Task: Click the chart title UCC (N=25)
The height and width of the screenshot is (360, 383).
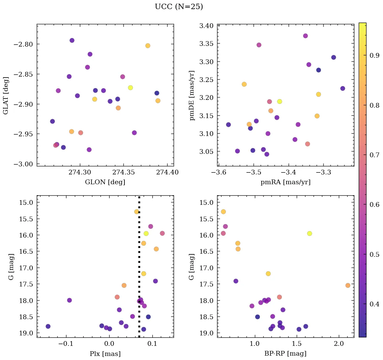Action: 179,7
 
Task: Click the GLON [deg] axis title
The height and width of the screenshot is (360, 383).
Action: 105,182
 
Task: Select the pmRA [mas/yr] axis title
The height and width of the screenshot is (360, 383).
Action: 286,182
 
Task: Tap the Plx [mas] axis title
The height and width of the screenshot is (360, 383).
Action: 105,354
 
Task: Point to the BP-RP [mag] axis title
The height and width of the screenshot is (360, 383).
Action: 286,354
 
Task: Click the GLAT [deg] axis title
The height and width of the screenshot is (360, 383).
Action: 6,95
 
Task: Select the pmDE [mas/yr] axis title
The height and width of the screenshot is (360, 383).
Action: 192,95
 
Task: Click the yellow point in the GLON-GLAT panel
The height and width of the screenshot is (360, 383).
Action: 130,88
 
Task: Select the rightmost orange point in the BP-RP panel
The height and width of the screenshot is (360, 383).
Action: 348,285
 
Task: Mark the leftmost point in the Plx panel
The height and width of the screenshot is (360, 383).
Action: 48,326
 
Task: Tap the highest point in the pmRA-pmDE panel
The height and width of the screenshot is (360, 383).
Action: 305,36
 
